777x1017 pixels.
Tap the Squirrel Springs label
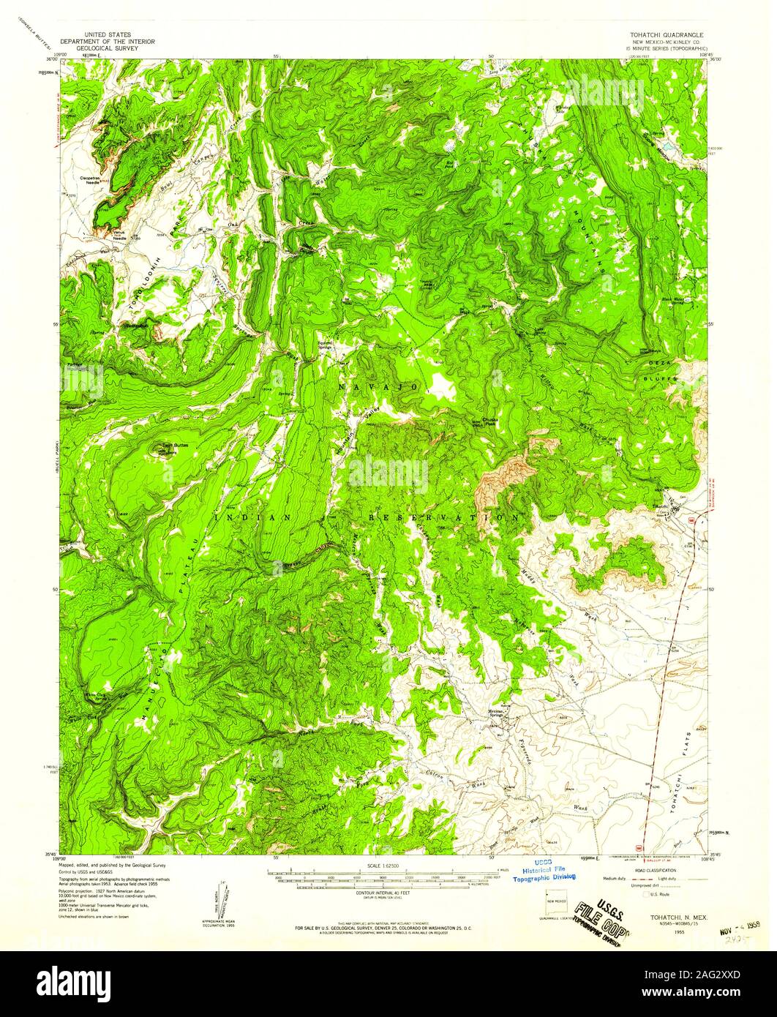325,343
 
